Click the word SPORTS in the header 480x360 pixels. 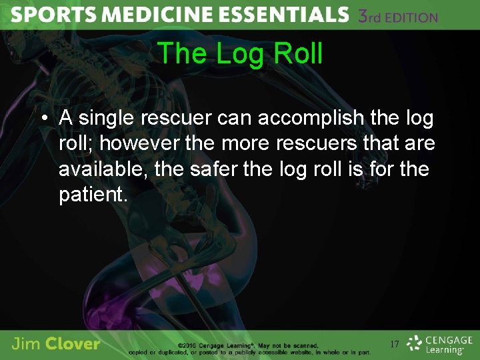pyautogui.click(x=45, y=15)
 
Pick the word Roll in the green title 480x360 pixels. pyautogui.click(x=297, y=54)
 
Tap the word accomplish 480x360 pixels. pyautogui.click(x=311, y=119)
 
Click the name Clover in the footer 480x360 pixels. pyautogui.click(x=73, y=345)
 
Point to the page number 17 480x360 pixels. pyautogui.click(x=395, y=345)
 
